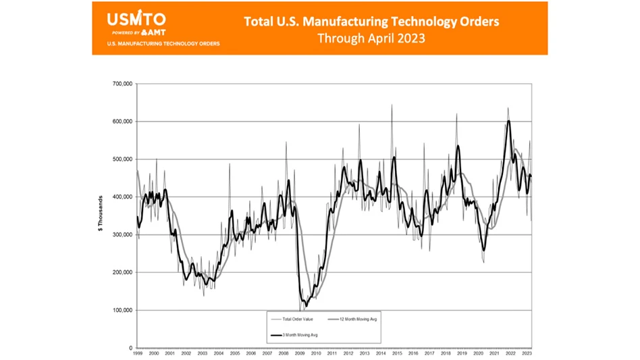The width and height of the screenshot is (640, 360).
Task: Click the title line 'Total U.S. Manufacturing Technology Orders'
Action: (371, 22)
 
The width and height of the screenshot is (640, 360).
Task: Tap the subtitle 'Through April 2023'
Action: (371, 38)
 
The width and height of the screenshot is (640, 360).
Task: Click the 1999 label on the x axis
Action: (137, 353)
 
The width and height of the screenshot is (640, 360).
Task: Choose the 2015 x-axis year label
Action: (398, 353)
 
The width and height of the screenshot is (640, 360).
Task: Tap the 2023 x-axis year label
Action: (527, 353)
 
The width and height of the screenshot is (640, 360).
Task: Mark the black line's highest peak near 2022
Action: (508, 121)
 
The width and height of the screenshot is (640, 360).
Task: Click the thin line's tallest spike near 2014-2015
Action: (392, 105)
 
